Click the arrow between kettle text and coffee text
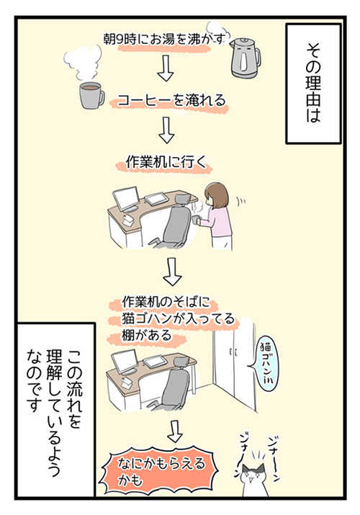click(x=166, y=68)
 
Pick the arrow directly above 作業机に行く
click(x=167, y=131)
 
